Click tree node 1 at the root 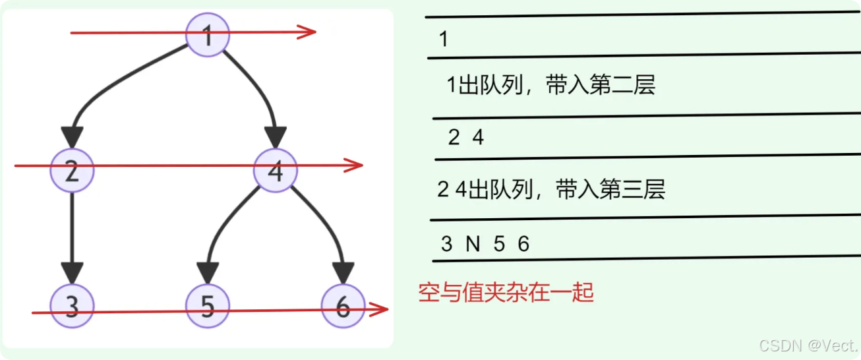tap(207, 35)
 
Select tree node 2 tap(73, 170)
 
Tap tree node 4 tap(276, 171)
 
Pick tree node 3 tap(73, 307)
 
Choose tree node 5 tap(208, 307)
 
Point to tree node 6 tap(343, 307)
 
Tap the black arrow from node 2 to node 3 tap(72, 237)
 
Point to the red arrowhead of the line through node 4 tap(355, 165)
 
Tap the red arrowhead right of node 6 tap(379, 309)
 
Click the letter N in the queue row tap(473, 245)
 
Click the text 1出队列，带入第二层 tap(551, 86)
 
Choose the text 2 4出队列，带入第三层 tap(551, 190)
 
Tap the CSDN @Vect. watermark tap(808, 345)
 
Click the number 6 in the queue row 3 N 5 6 tap(523, 245)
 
